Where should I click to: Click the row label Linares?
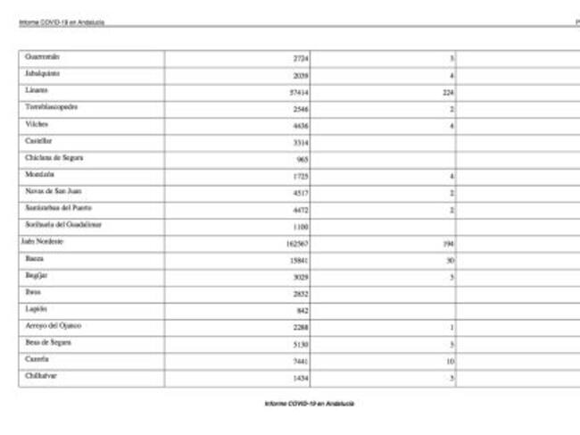point(37,90)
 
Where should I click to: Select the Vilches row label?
point(37,124)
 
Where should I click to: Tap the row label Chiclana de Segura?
point(54,157)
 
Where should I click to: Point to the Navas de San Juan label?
point(54,191)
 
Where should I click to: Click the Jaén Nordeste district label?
point(43,242)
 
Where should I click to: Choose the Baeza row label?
point(36,258)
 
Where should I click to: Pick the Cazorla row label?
point(38,360)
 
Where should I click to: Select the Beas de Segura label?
point(48,343)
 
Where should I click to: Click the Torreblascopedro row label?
point(52,107)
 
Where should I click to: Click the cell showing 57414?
point(299,91)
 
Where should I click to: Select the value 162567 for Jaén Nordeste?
point(297,243)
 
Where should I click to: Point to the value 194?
point(449,243)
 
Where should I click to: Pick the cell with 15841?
point(299,260)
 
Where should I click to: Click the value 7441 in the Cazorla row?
point(301,361)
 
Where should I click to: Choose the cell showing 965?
point(302,159)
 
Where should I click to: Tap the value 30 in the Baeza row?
point(451,260)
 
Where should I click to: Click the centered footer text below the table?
point(309,404)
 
